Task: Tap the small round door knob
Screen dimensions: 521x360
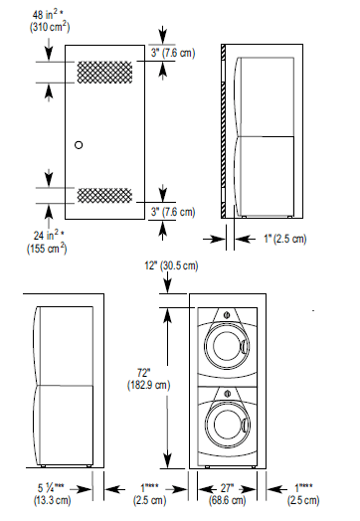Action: pos(80,145)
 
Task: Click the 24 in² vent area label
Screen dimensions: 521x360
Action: pos(27,235)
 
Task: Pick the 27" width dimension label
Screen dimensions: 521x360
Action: pos(228,488)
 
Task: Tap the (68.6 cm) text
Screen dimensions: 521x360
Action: pos(228,502)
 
